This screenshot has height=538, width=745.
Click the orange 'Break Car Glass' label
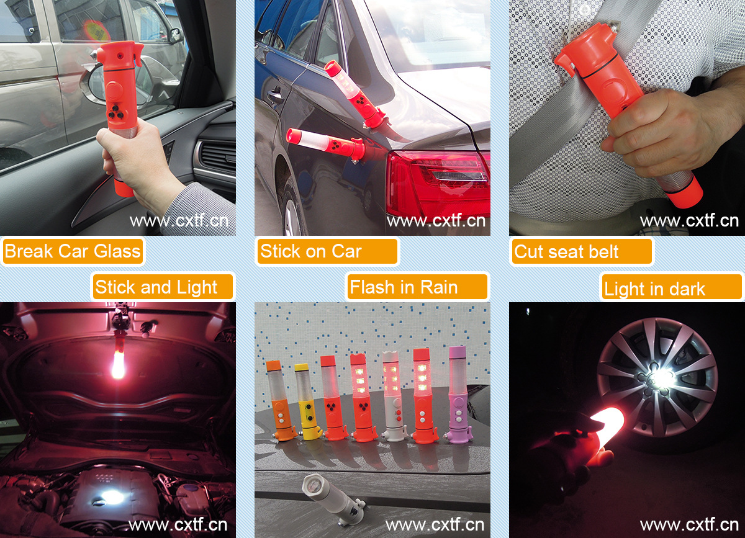point(73,251)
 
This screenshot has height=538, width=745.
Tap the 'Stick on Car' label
point(327,251)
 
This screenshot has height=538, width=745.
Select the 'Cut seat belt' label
point(582,251)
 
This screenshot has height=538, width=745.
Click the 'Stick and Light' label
point(163,287)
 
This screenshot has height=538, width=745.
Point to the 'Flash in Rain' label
point(417,287)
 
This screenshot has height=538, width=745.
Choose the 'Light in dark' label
point(672,287)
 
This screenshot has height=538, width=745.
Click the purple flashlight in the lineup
point(459,395)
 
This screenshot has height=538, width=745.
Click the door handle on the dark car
point(274,97)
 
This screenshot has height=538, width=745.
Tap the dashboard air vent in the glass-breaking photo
point(217,156)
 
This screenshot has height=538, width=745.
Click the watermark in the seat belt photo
point(689,221)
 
